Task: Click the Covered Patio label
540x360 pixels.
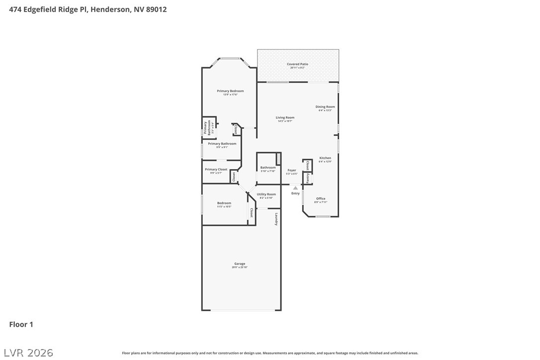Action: [297, 64]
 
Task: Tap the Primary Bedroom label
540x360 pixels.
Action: [230, 91]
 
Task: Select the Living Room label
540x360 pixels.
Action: [285, 118]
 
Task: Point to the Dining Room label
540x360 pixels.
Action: [325, 107]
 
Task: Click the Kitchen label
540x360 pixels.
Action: [325, 158]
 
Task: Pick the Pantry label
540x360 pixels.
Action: [308, 178]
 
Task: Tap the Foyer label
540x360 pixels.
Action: [292, 170]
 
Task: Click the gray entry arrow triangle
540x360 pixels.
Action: [295, 188]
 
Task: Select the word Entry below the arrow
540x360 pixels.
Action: [295, 193]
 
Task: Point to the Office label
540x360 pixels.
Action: [321, 199]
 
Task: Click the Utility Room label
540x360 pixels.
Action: [266, 194]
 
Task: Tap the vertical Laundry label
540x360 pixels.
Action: [276, 219]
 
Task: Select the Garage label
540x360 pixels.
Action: [240, 264]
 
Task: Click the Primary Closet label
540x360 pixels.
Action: [216, 170]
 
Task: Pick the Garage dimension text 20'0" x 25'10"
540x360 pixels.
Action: [240, 268]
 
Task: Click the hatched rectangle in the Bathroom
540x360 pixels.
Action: [278, 159]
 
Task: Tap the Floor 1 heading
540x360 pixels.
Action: [21, 325]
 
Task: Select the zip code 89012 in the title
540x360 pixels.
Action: [156, 9]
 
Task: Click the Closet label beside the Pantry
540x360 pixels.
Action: [308, 166]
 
